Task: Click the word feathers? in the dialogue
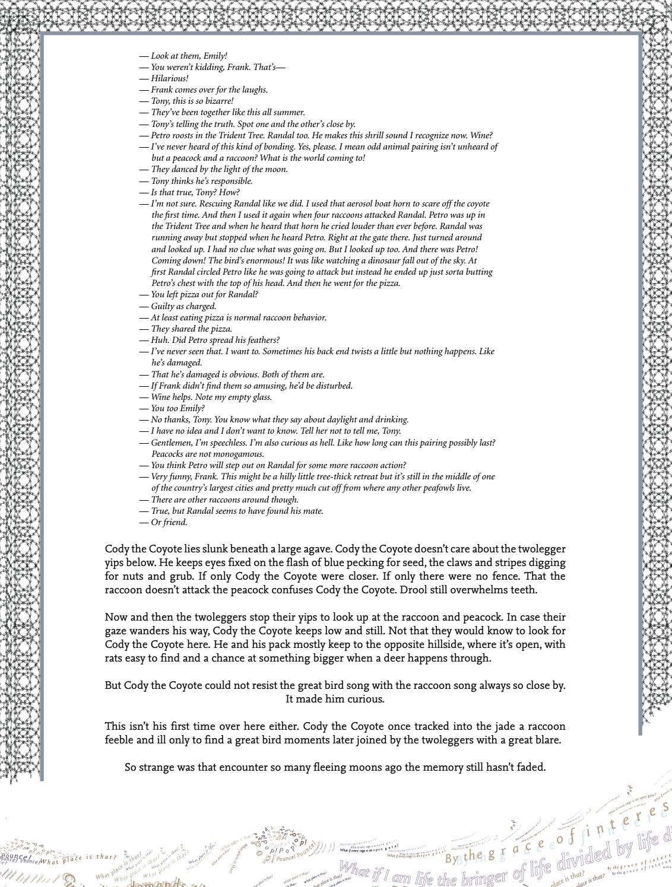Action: pos(258,340)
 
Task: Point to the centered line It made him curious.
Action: pos(335,699)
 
